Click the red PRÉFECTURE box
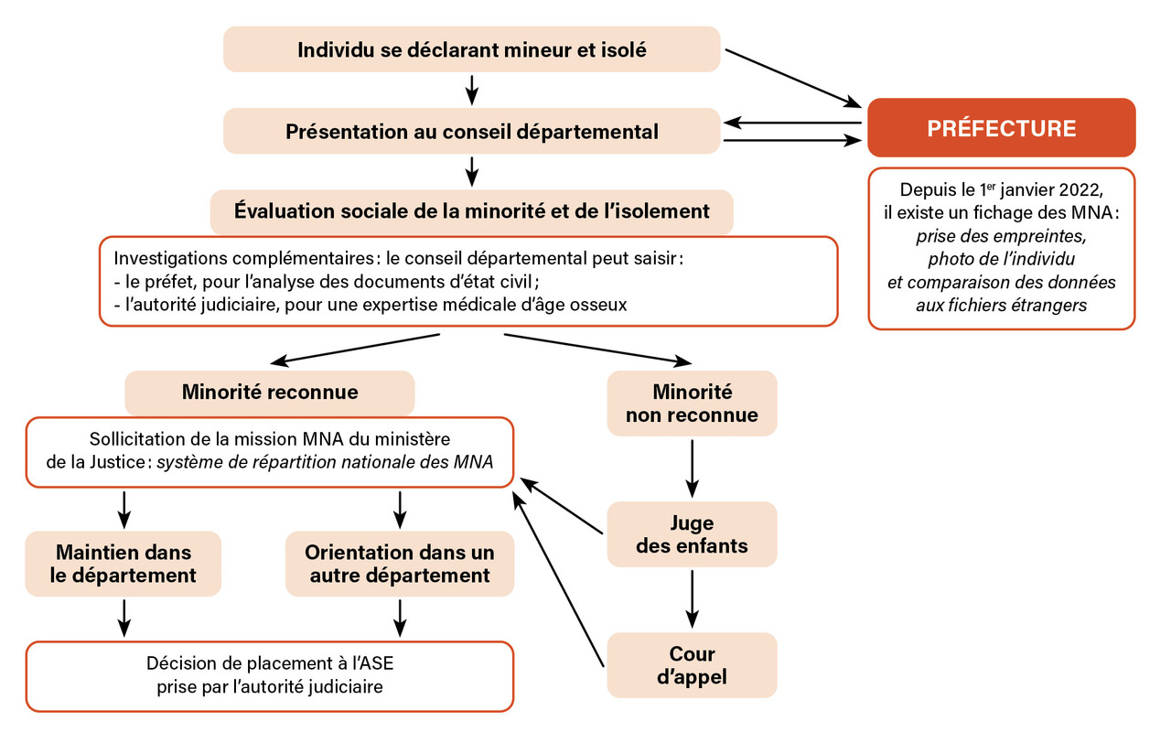coord(1001,128)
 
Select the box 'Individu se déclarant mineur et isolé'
coord(471,49)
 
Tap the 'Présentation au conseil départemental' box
coord(471,131)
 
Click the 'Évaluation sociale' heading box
coord(471,211)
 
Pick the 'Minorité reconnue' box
coord(269,393)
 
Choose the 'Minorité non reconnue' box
coord(692,404)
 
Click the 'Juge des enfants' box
coord(692,534)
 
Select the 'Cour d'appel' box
coord(692,666)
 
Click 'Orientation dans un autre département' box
coord(400,564)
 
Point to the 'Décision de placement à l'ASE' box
coord(269,675)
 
